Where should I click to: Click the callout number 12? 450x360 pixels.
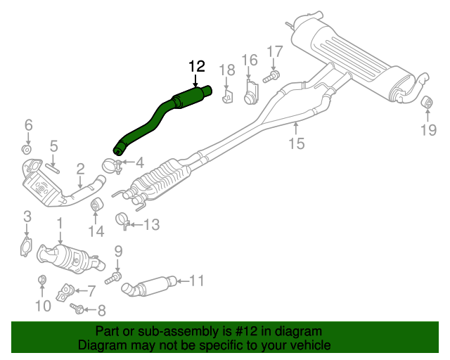(x=196, y=67)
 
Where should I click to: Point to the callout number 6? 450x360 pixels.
(x=28, y=125)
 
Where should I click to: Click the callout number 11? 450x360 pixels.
(x=195, y=281)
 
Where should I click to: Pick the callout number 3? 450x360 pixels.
(x=27, y=215)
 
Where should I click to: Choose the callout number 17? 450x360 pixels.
(x=274, y=51)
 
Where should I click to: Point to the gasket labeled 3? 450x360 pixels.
(x=26, y=247)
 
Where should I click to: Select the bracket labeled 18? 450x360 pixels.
(x=227, y=96)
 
